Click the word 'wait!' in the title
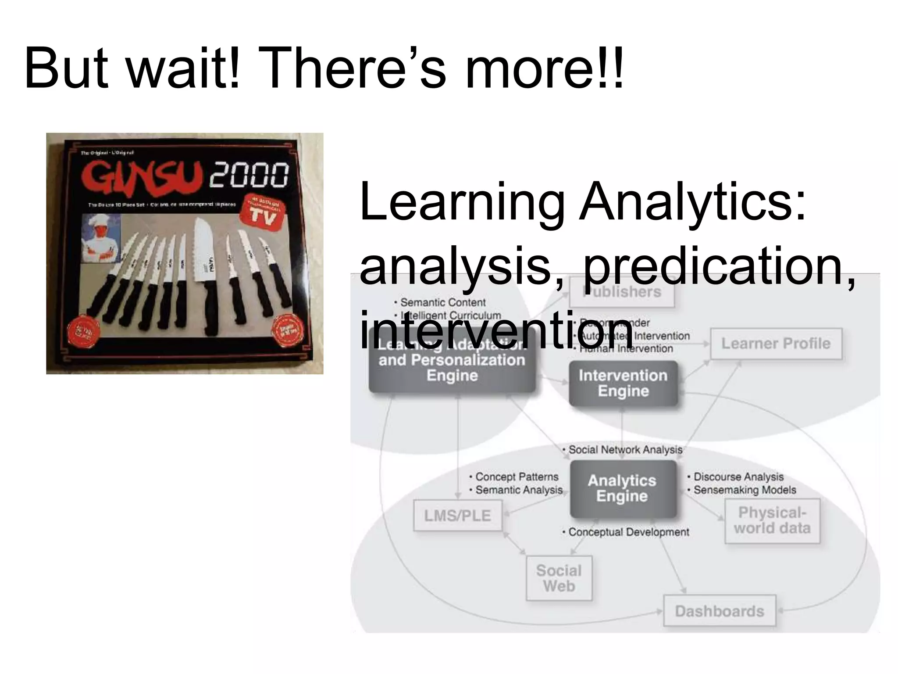183,69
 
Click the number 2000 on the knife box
249,175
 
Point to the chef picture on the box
101,239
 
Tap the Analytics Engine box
622,488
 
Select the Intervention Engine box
623,383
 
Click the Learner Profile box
776,344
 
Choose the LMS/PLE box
457,516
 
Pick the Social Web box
559,578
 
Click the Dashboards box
719,611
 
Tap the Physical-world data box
772,520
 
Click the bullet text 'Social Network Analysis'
625,450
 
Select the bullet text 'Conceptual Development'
628,532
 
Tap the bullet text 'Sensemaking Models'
744,490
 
